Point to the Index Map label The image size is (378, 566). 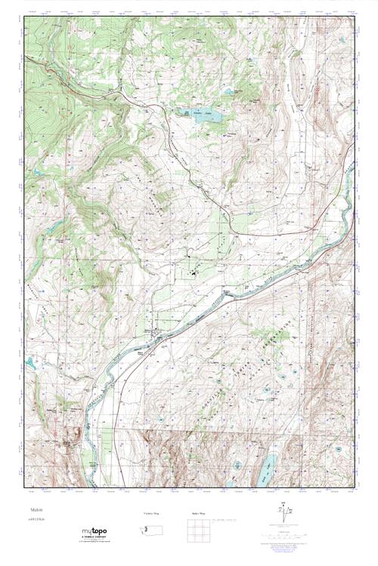point(197,513)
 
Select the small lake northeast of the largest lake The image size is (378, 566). point(228,94)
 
